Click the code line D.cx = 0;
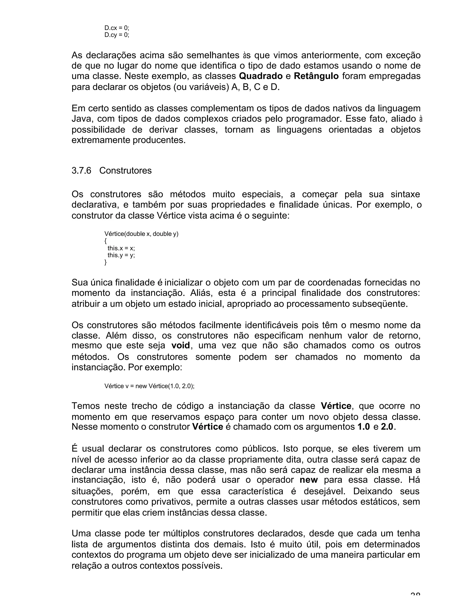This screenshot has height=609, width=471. click(x=117, y=28)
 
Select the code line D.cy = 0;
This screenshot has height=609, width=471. click(x=117, y=35)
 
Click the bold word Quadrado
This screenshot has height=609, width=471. click(x=261, y=76)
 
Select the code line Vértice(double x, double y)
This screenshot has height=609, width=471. click(x=141, y=234)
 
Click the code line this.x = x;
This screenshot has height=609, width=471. click(x=121, y=248)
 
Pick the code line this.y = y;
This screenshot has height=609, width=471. click(x=121, y=255)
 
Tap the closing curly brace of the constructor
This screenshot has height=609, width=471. click(x=106, y=262)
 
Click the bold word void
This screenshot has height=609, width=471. click(x=180, y=345)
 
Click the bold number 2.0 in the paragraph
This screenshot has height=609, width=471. click(x=387, y=427)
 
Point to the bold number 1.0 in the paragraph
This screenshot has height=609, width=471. click(x=364, y=427)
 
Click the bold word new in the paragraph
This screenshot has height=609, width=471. click(x=309, y=480)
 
